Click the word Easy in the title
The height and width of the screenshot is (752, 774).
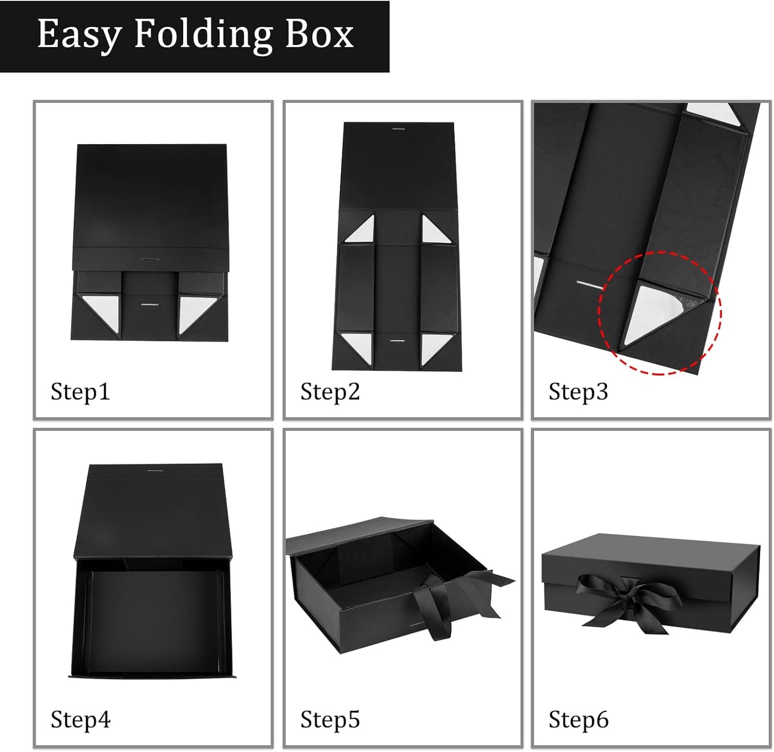pyautogui.click(x=79, y=35)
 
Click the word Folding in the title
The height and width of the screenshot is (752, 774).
pyautogui.click(x=203, y=35)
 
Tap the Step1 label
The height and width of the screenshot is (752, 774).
pyautogui.click(x=80, y=392)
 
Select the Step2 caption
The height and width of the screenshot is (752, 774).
pyautogui.click(x=329, y=392)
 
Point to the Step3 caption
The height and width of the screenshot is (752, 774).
pyautogui.click(x=578, y=392)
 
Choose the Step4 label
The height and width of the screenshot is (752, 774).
pyautogui.click(x=80, y=719)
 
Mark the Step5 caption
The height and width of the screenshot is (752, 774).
pyautogui.click(x=329, y=719)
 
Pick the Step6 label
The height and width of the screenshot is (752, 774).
pyautogui.click(x=578, y=719)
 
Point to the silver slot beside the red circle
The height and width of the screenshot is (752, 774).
pyautogui.click(x=589, y=284)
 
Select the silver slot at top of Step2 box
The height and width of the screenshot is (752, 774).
pyautogui.click(x=398, y=129)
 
